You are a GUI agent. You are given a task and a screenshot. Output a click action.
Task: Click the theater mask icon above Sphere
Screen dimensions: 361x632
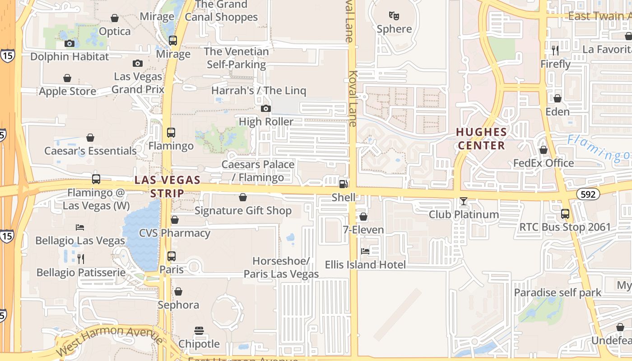[394, 16]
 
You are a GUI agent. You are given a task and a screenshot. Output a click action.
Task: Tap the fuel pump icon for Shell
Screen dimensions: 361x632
[344, 184]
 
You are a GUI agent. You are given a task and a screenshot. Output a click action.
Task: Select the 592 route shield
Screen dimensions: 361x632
[589, 194]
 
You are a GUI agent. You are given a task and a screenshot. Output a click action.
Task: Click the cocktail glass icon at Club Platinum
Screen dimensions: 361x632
[464, 201]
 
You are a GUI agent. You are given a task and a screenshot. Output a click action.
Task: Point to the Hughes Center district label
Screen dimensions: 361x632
[481, 139]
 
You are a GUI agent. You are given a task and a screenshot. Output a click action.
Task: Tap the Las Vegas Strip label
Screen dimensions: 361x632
[167, 186]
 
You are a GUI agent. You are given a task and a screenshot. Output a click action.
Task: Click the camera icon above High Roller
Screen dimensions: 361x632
[266, 108]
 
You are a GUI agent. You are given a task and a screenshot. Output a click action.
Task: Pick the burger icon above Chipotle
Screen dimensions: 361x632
[199, 331]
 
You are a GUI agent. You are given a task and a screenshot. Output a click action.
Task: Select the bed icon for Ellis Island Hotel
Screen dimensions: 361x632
[365, 251]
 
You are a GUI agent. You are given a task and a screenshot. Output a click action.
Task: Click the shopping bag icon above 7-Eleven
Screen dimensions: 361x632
[363, 217]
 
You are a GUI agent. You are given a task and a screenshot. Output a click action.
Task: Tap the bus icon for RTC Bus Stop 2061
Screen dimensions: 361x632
[565, 214]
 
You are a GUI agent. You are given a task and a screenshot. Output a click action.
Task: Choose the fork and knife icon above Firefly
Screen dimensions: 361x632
[555, 50]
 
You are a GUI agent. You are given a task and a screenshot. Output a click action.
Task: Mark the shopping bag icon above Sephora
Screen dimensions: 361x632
[178, 292]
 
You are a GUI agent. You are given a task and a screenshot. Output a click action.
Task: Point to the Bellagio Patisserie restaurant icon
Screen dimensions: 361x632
[81, 259]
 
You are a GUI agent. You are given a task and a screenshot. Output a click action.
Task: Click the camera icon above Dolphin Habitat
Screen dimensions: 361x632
[70, 43]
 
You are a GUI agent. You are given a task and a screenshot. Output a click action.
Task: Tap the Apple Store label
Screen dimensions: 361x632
[67, 91]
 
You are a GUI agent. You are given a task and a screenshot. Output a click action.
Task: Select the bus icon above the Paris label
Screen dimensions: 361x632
[172, 256]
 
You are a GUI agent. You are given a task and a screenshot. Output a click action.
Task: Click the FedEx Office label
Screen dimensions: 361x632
[544, 163]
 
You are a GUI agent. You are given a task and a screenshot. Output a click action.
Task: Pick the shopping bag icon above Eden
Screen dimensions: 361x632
[558, 98]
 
